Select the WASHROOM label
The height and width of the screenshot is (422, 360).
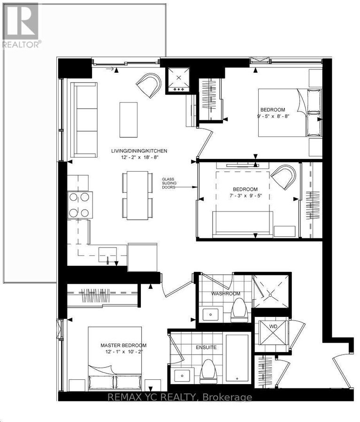[x=225, y=294]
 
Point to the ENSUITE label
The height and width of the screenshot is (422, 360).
[x=207, y=347]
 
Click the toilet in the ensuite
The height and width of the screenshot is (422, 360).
[x=208, y=371]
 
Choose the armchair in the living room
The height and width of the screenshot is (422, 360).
[x=149, y=85]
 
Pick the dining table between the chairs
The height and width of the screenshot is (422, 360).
[x=137, y=194]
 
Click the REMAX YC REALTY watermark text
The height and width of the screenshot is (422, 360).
[x=180, y=398]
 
